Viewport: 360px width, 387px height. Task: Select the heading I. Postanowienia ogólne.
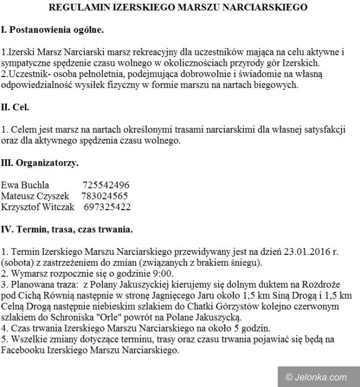point(52,30)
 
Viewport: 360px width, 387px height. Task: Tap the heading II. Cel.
point(15,107)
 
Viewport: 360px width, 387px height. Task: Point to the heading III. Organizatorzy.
point(40,163)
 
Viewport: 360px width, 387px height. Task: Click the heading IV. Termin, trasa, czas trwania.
point(67,230)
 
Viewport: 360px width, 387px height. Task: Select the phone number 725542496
point(105,185)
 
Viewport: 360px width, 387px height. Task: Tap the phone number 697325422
point(107,207)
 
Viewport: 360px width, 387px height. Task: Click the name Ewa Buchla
point(25,185)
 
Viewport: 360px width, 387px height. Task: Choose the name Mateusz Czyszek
point(35,196)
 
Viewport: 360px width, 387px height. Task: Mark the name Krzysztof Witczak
point(38,207)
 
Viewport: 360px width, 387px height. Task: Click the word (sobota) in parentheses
point(16,263)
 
